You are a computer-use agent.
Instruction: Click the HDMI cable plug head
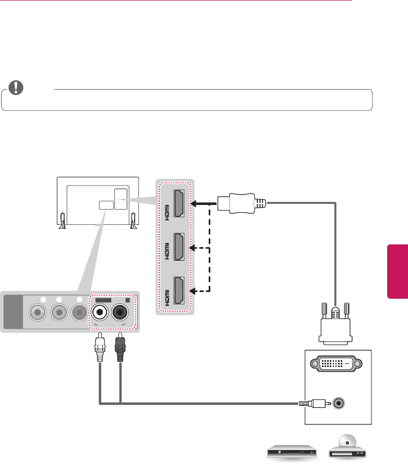(x=238, y=203)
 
